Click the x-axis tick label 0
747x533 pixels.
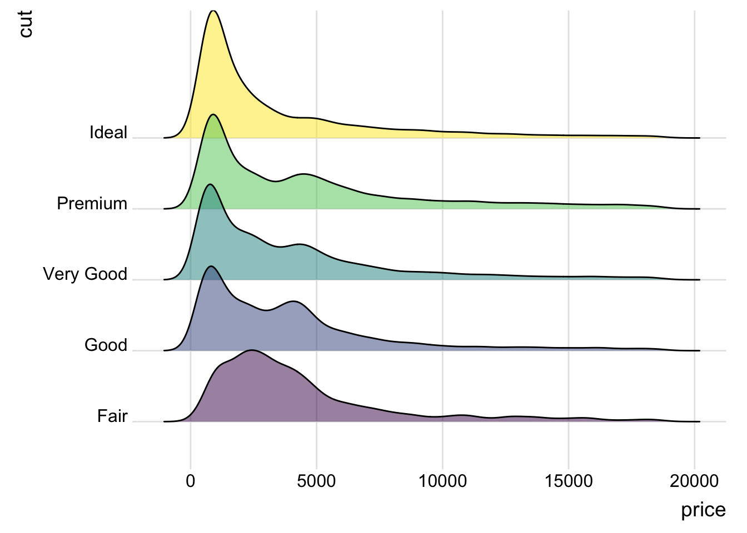coord(191,481)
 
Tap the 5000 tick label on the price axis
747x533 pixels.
coord(316,481)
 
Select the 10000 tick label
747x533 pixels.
coord(442,481)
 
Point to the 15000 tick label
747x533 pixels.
coord(568,481)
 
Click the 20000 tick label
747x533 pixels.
coord(694,481)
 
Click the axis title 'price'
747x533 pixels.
coord(703,510)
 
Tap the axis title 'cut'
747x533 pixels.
coord(25,24)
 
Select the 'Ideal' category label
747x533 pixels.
coord(108,133)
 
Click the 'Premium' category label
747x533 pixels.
coord(92,204)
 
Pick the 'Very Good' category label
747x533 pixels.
coord(85,274)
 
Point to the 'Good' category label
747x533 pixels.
coord(106,345)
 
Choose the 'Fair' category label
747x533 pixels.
coord(112,416)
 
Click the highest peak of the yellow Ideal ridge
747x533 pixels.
coord(213,11)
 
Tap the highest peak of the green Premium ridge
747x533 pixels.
coord(213,114)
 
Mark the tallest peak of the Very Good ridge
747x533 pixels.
coord(210,184)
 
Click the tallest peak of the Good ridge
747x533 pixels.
coord(211,266)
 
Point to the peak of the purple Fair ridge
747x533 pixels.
coord(252,350)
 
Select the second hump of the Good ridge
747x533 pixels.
coord(293,301)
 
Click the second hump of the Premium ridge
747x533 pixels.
coord(305,174)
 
